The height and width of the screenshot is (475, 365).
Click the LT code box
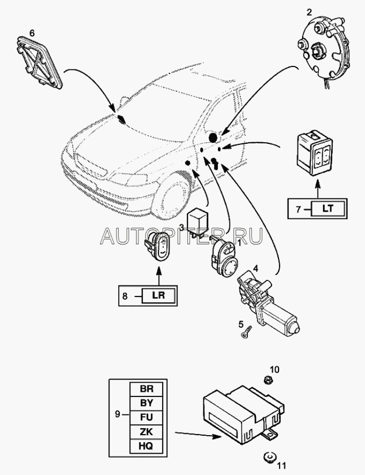326,208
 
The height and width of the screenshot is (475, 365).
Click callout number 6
32,34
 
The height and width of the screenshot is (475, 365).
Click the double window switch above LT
315,150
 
